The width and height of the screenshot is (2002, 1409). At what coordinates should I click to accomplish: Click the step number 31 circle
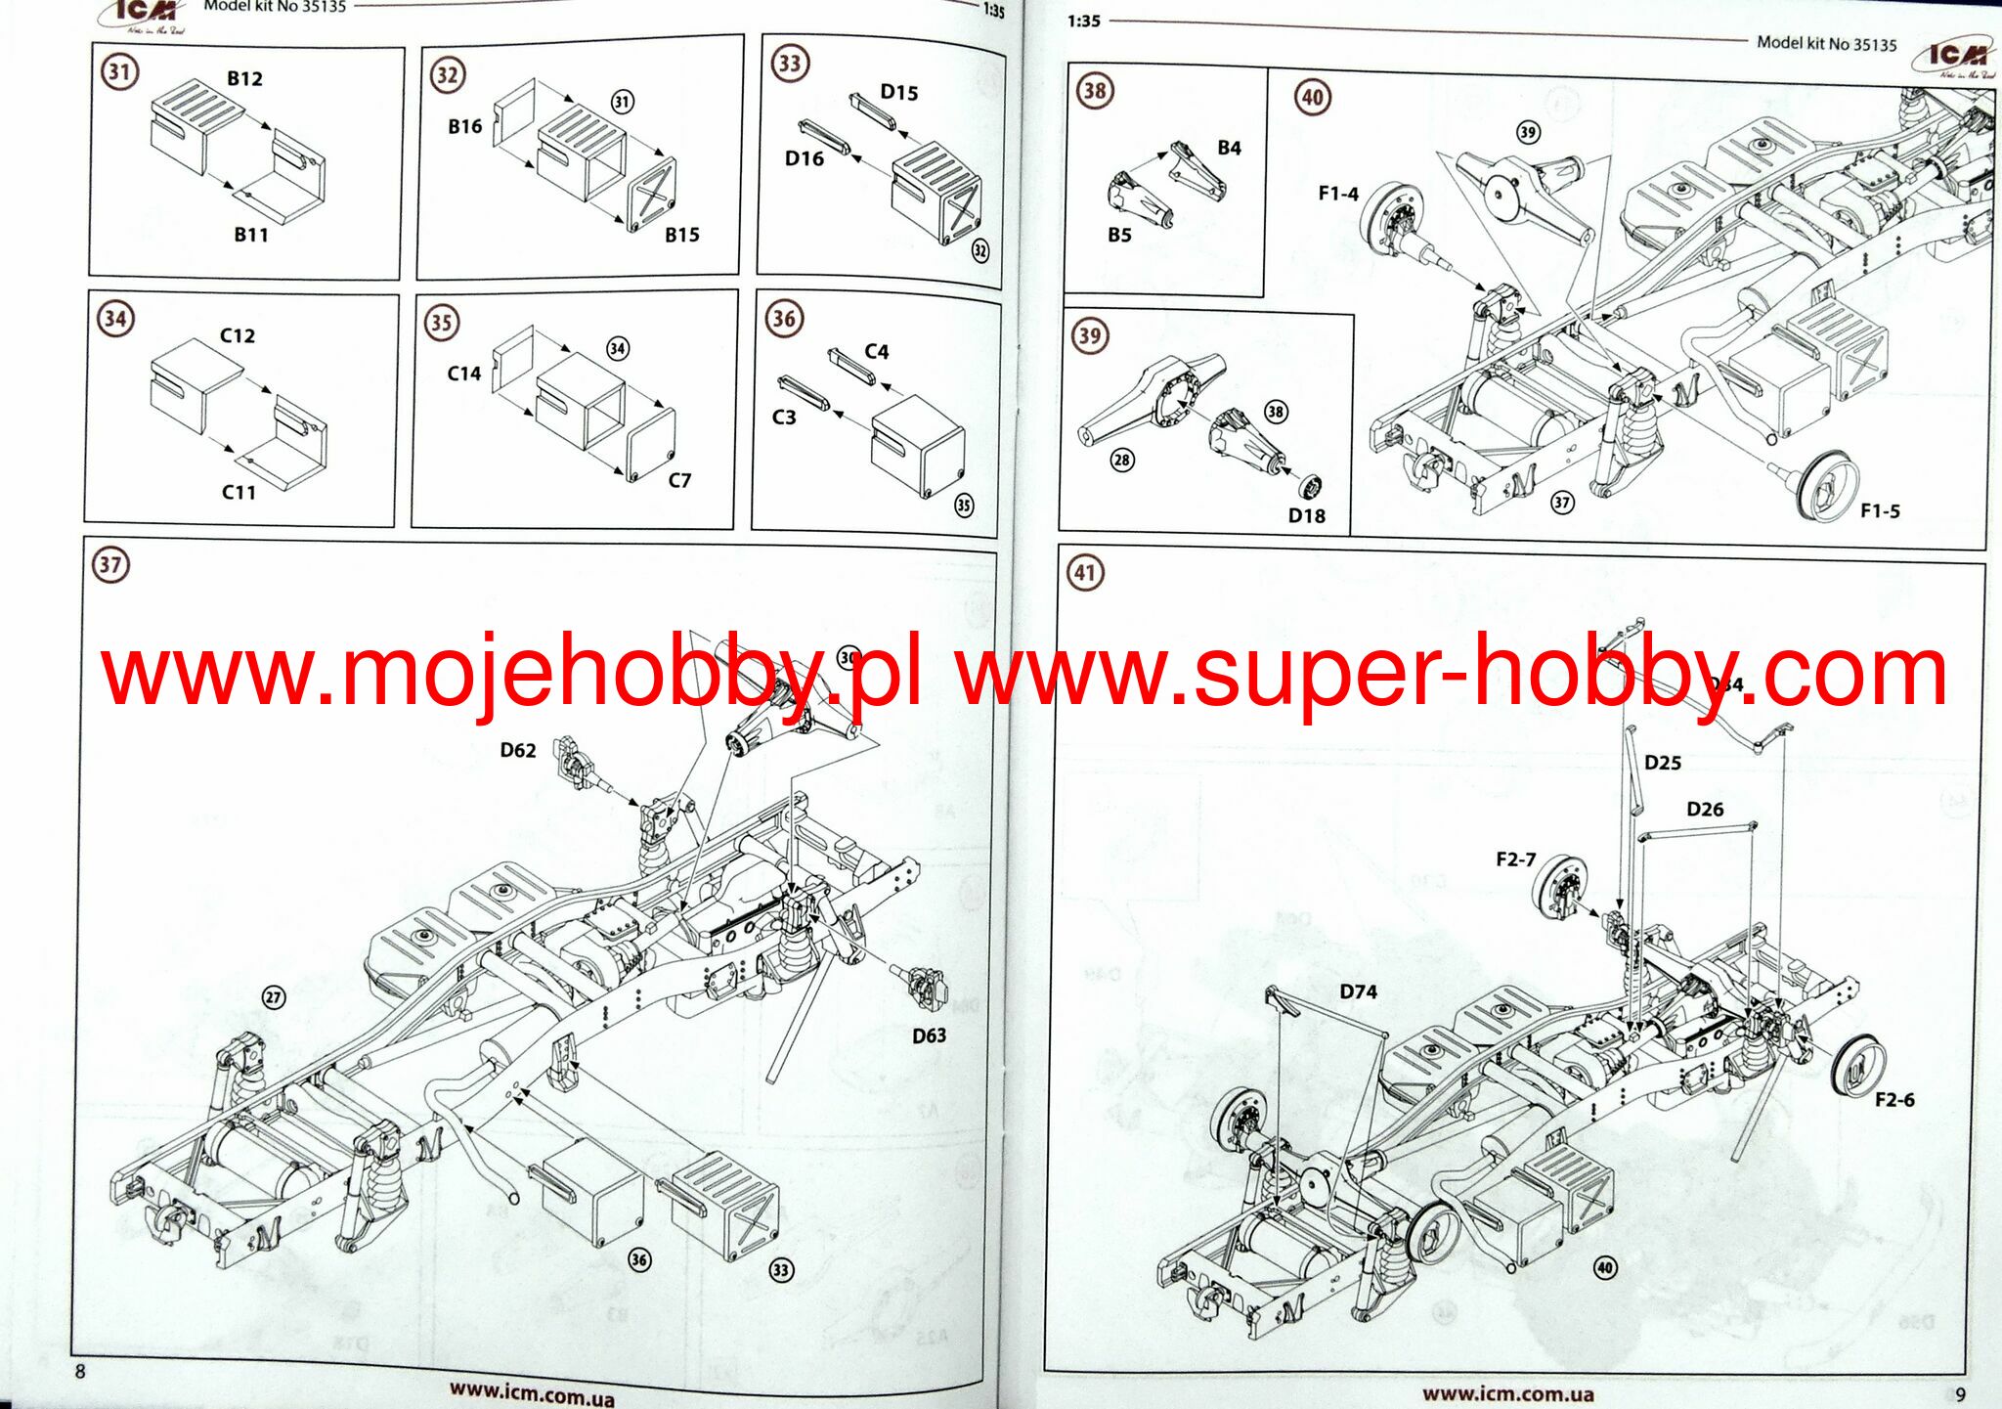coord(119,71)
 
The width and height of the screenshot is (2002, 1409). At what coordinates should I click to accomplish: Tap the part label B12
coord(244,78)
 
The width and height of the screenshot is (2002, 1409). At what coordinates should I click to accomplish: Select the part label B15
coord(681,235)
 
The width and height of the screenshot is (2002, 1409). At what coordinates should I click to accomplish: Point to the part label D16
coord(804,158)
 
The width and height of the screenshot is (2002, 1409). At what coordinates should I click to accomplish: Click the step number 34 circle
coord(115,318)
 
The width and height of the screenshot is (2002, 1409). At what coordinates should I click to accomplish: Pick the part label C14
coord(464,374)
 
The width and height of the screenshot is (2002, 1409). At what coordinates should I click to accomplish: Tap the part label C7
coord(679,480)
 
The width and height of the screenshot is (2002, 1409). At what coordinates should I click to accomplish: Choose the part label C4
coord(876,351)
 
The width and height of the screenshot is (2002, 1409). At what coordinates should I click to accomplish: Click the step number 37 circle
coord(110,564)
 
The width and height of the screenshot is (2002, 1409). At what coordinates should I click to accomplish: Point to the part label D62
coord(517,750)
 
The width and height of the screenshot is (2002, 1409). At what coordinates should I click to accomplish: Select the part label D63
coord(929,1035)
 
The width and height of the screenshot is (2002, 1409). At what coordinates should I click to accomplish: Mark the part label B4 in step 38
coord(1229,148)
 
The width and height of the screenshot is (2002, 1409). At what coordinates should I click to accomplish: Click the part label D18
coord(1306,515)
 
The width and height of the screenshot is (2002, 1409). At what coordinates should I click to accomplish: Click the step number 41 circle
coord(1085,572)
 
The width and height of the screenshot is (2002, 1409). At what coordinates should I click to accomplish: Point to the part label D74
coord(1358,991)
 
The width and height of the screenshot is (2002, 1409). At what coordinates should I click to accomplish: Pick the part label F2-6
coord(1893,1100)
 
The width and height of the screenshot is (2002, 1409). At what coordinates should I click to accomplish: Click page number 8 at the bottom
coord(80,1371)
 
